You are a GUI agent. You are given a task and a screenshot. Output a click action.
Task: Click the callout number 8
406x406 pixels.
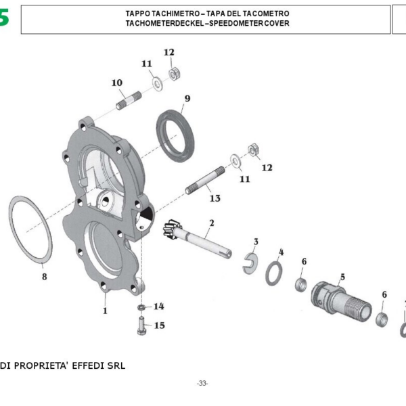click(44, 277)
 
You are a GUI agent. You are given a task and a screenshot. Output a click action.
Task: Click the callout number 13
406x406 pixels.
click(215, 198)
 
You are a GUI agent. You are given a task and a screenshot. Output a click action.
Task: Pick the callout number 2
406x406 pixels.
click(211, 223)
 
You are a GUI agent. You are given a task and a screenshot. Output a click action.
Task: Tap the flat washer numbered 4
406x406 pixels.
click(274, 273)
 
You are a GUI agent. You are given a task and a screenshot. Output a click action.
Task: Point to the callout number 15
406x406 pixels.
click(160, 325)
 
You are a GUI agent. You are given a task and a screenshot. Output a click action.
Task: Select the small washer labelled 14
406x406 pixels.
click(141, 309)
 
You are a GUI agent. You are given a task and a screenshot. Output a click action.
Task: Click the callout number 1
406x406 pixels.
click(105, 311)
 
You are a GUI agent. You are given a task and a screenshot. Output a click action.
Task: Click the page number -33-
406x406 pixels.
click(202, 383)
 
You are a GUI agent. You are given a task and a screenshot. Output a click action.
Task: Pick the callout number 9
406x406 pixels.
click(187, 99)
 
